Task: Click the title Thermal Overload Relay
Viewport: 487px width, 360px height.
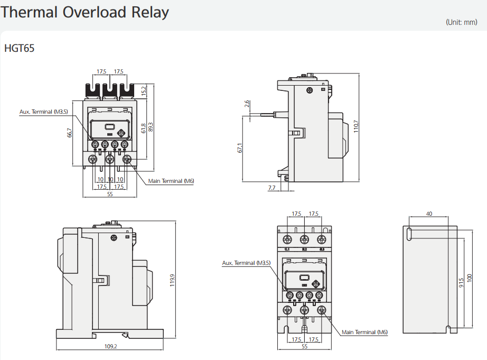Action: (x=85, y=12)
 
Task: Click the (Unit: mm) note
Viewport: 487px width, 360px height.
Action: (x=461, y=22)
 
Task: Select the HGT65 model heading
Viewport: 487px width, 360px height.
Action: (x=20, y=49)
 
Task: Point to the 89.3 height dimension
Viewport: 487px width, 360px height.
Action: (x=151, y=127)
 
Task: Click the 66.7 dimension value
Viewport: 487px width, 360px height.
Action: (x=69, y=133)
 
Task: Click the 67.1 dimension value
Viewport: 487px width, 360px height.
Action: (x=240, y=149)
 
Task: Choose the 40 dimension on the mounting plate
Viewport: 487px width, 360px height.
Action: (x=429, y=214)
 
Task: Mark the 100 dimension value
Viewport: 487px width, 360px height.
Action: (x=470, y=278)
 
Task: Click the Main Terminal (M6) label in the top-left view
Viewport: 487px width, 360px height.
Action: (x=171, y=181)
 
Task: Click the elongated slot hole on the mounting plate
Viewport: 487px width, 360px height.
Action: (x=409, y=234)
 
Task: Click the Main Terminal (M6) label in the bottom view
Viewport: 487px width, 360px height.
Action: (x=364, y=332)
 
